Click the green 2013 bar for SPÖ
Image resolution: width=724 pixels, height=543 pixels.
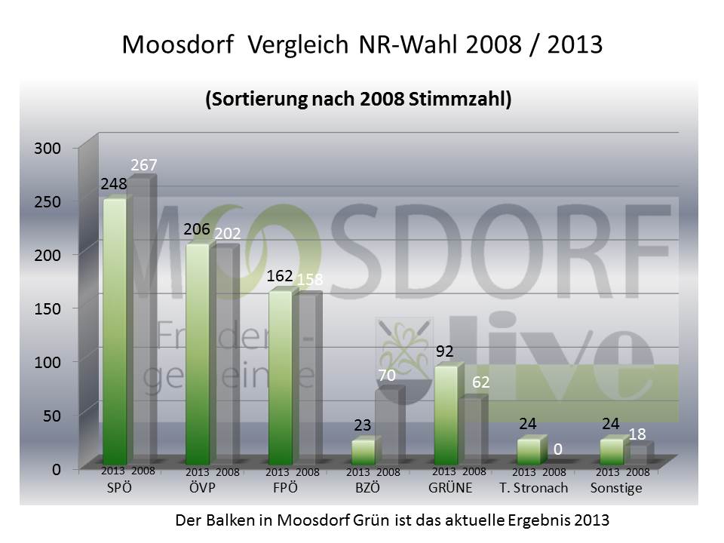click(114, 332)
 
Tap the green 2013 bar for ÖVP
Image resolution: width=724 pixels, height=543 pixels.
click(197, 354)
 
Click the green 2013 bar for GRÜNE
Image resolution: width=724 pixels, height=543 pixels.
click(446, 415)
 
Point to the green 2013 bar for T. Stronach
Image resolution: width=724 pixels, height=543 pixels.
click(529, 451)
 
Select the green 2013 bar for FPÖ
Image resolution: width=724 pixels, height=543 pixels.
click(280, 377)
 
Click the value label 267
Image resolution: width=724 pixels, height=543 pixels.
click(144, 165)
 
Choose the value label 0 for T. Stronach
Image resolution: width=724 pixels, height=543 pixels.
click(558, 449)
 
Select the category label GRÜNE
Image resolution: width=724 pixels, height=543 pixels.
click(450, 488)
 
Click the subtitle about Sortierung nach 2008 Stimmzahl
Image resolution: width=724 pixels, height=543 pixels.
click(358, 100)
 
